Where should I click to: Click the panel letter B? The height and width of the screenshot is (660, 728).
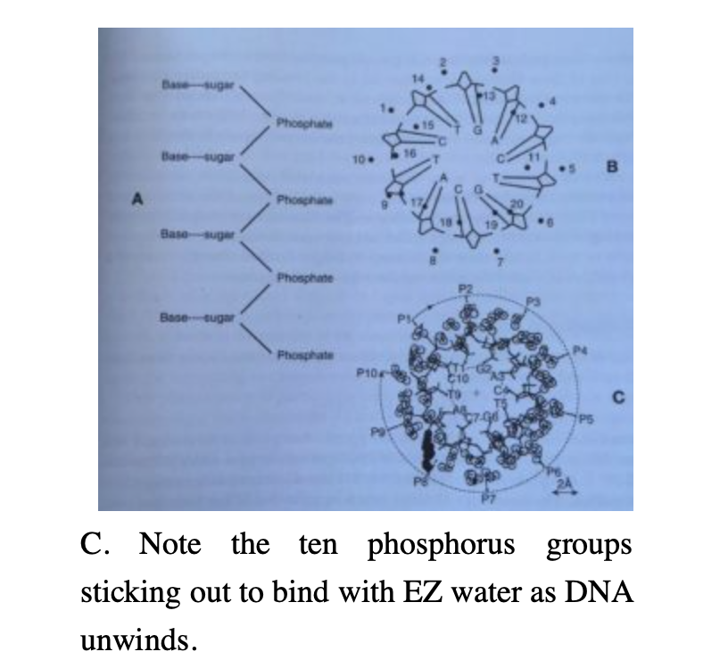pyautogui.click(x=611, y=166)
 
